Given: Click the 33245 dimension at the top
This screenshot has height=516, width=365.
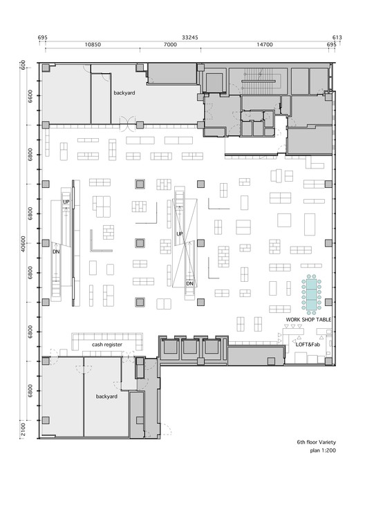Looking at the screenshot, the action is coord(189,37).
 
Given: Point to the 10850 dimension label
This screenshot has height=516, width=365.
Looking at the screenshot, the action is coord(93,45).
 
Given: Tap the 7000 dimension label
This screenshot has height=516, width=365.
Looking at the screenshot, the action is coord(170,45).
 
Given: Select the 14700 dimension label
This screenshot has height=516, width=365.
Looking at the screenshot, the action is coord(265,45).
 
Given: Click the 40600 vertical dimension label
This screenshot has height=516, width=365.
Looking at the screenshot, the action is coord(23,244).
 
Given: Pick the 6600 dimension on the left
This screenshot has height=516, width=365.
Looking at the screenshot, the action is coord(30,96).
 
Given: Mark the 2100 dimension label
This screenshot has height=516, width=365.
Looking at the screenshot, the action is coord(23,430).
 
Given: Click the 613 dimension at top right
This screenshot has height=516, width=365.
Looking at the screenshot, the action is coord(337,37).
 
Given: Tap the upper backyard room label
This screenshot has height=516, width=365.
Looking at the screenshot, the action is coord(124,93).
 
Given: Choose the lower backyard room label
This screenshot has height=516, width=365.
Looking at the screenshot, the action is coord(106,396).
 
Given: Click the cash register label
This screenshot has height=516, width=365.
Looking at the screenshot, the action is coord(107,345).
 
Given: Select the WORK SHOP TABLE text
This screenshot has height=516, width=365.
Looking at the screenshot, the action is coord(308,320).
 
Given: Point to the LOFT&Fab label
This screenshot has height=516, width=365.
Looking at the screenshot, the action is coord(308,345).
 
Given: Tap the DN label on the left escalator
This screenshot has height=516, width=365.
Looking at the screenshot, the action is coord(56,251).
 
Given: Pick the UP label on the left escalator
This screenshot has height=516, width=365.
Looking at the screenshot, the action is coord(66,202).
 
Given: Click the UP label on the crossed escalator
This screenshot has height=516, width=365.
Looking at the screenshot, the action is coord(180,234).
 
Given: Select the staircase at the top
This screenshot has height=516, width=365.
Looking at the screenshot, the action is coord(259,80).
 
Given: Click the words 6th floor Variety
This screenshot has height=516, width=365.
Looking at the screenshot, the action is coord(316,442).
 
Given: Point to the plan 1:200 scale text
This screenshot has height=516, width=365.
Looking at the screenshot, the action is coord(323,450).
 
